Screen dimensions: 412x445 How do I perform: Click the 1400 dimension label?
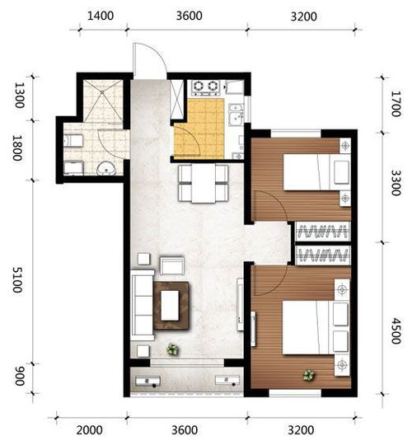(x=101, y=16)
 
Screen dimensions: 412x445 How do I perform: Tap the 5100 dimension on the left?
(x=17, y=279)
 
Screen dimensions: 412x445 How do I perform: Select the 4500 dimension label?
(x=396, y=330)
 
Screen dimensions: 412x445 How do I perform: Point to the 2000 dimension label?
(x=89, y=430)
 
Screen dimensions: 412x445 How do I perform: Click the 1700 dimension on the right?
(x=396, y=104)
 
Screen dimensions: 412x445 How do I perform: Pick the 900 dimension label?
(x=19, y=376)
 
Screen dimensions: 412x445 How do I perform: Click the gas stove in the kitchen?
(x=206, y=87)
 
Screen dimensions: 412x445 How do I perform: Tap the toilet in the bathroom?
(x=73, y=140)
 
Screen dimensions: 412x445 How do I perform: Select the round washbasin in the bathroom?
(x=106, y=169)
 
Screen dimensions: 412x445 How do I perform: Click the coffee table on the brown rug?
(x=170, y=306)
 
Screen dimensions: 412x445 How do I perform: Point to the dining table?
(x=204, y=183)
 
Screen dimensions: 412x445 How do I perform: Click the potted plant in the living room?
(x=172, y=349)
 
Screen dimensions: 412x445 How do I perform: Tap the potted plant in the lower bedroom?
(x=308, y=375)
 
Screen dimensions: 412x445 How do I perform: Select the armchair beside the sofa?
(x=171, y=265)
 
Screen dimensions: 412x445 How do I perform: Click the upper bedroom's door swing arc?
(x=276, y=202)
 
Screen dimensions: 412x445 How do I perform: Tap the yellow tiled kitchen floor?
(x=199, y=129)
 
